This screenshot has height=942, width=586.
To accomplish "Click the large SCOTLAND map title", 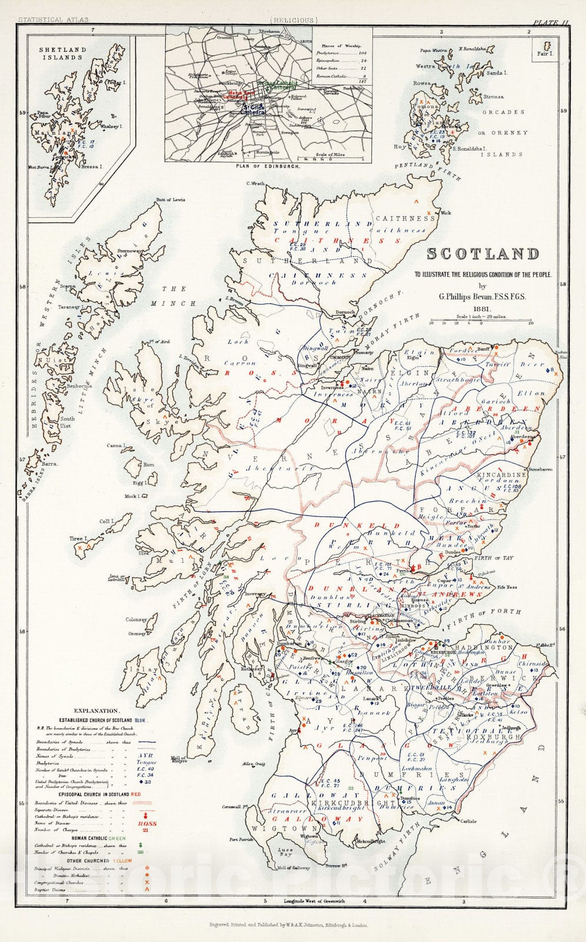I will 482,254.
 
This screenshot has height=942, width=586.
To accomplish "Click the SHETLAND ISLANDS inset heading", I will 63,54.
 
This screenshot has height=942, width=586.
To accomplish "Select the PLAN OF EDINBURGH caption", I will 268,167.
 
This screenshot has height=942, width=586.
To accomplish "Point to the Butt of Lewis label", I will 170,200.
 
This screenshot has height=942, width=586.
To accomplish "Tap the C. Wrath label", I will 254,183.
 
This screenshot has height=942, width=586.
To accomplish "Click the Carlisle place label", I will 468,821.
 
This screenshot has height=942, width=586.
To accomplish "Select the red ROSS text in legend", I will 148,823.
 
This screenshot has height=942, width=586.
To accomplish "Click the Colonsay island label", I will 135,619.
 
